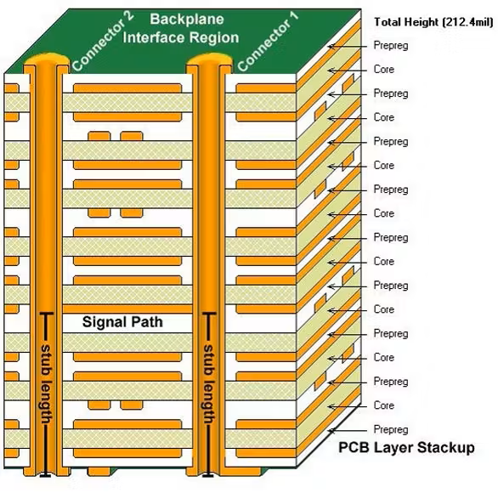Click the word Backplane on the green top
coord(180,19)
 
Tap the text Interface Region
coord(181,37)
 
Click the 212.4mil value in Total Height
coord(462,21)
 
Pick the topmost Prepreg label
coord(391,45)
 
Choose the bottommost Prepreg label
coord(391,429)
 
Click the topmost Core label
coord(384,69)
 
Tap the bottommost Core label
coord(384,405)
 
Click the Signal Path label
coord(122,323)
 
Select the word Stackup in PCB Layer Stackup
coord(440,448)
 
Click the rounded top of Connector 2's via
coord(46,61)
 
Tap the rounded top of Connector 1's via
coord(207,61)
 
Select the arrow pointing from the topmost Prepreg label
coord(347,45)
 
